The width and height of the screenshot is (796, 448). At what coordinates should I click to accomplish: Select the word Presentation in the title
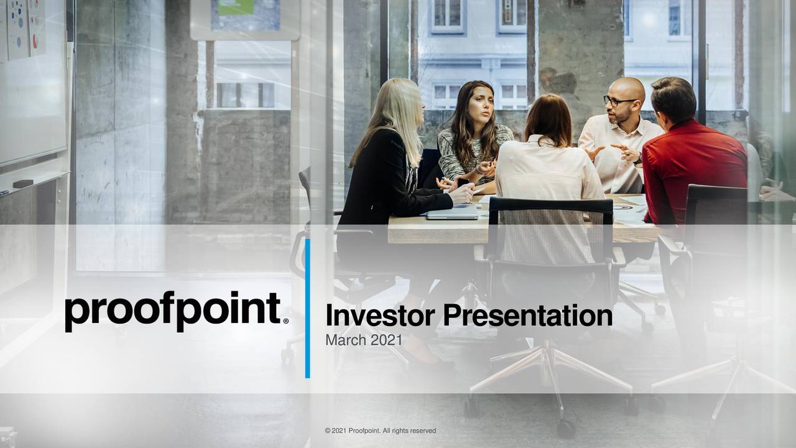(x=527, y=315)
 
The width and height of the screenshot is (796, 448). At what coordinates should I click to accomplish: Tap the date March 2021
(x=363, y=340)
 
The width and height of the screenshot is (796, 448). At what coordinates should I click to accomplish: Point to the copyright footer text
(x=380, y=431)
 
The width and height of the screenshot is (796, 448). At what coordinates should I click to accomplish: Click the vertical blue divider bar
(x=307, y=308)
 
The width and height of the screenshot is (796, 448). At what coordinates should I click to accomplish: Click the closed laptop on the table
(x=452, y=213)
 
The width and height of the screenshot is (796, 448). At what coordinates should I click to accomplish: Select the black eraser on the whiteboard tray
(x=23, y=184)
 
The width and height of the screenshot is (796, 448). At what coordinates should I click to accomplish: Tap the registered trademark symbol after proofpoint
(x=285, y=321)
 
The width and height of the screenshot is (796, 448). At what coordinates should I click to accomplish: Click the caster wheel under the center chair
(x=565, y=428)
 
